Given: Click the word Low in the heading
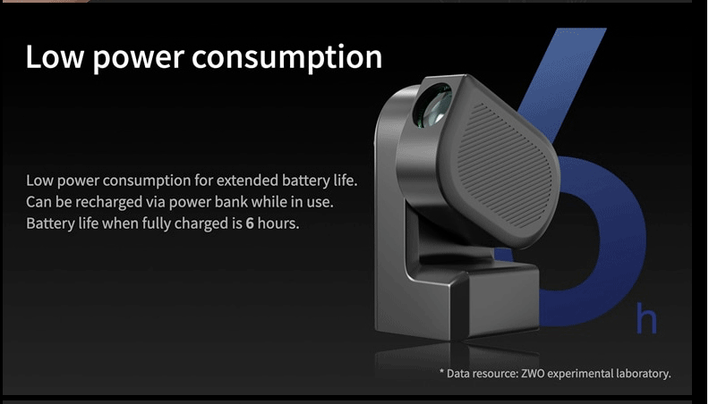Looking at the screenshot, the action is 55,57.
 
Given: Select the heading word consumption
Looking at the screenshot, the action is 287,59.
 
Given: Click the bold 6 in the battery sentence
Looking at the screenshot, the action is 250,223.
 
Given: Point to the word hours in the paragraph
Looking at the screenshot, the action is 278,223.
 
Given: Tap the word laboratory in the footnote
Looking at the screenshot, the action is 644,375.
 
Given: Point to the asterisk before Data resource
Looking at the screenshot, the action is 441,373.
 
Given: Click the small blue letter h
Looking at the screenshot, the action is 646,319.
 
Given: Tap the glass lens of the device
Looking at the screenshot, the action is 434,105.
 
